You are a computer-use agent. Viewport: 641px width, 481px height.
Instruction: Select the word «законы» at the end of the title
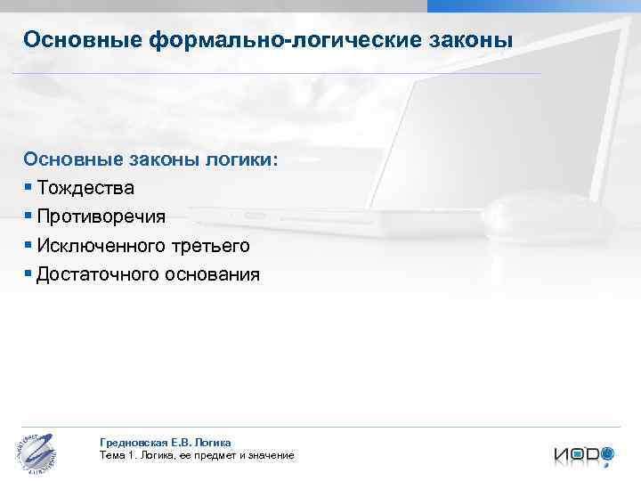pos(479,40)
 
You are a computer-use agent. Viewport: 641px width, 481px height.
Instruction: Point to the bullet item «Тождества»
pos(86,188)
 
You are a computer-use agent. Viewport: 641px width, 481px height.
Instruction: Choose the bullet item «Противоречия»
pos(101,216)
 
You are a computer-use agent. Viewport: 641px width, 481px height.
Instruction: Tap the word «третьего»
pos(215,245)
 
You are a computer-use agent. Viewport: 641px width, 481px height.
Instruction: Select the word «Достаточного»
pos(98,273)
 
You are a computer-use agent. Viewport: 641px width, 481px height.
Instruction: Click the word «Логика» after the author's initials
pos(214,442)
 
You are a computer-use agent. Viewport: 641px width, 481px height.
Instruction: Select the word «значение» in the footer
pos(270,455)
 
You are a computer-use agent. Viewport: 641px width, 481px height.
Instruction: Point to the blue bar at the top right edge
pos(533,5)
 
